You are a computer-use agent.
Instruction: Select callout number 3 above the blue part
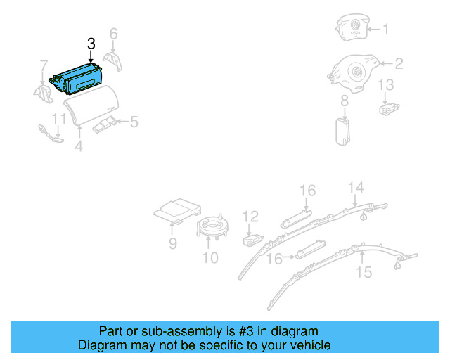(x=91, y=44)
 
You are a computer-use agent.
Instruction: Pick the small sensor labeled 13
(x=387, y=108)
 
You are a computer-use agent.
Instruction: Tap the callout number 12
(x=251, y=217)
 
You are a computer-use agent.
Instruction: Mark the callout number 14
(x=356, y=187)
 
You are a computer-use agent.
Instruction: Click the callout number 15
(x=364, y=271)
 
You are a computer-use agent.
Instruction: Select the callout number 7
(x=44, y=66)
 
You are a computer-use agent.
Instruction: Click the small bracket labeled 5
(x=104, y=124)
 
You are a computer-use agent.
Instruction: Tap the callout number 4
(x=79, y=147)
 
